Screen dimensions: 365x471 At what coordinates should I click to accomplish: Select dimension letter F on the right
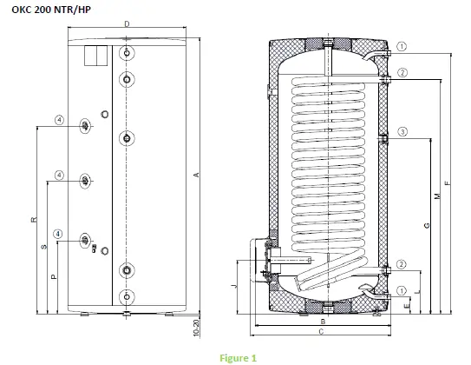pos(447,182)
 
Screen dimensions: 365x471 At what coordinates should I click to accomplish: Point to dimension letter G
pos(426,225)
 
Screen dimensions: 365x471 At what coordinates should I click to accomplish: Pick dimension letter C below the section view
pos(320,333)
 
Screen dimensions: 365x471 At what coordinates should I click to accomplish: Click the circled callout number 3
pos(402,132)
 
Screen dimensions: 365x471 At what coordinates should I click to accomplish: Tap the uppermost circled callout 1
pos(402,46)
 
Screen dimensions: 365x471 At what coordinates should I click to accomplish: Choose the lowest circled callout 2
pos(402,264)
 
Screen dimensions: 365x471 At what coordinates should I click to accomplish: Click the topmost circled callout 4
pos(58,119)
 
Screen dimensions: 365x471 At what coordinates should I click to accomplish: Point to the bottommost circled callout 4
pos(58,233)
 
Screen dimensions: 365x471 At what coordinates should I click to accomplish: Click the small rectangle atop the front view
pos(95,54)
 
